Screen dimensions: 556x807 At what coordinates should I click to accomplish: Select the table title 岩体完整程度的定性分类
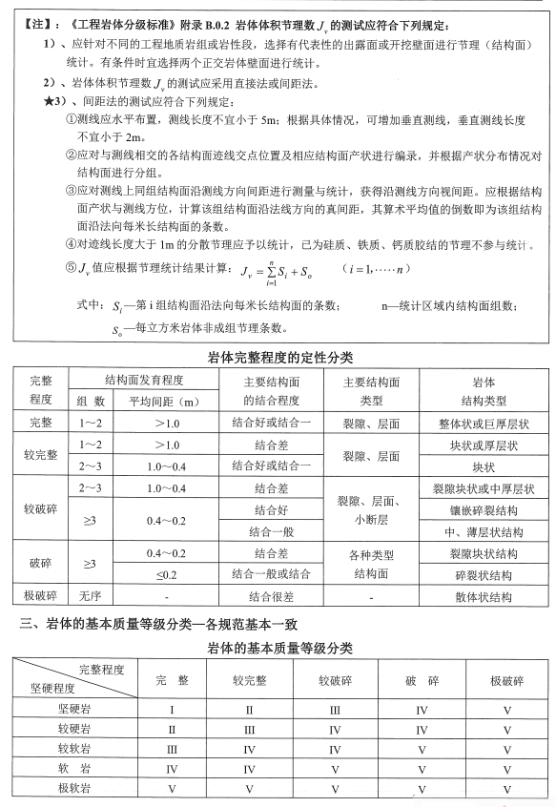277,358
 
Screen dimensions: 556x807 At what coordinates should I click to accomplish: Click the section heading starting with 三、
162,625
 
